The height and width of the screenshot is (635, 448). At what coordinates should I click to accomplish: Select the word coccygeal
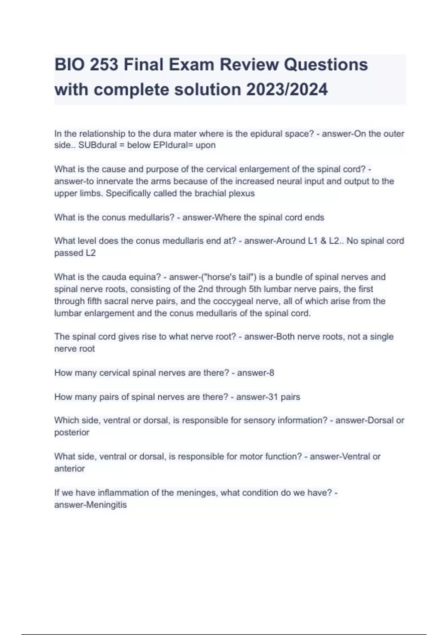point(264,301)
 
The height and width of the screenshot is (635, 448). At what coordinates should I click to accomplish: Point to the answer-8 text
point(256,373)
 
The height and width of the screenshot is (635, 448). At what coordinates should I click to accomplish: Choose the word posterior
point(72,433)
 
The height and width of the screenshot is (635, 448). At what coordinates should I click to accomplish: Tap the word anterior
point(69,468)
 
